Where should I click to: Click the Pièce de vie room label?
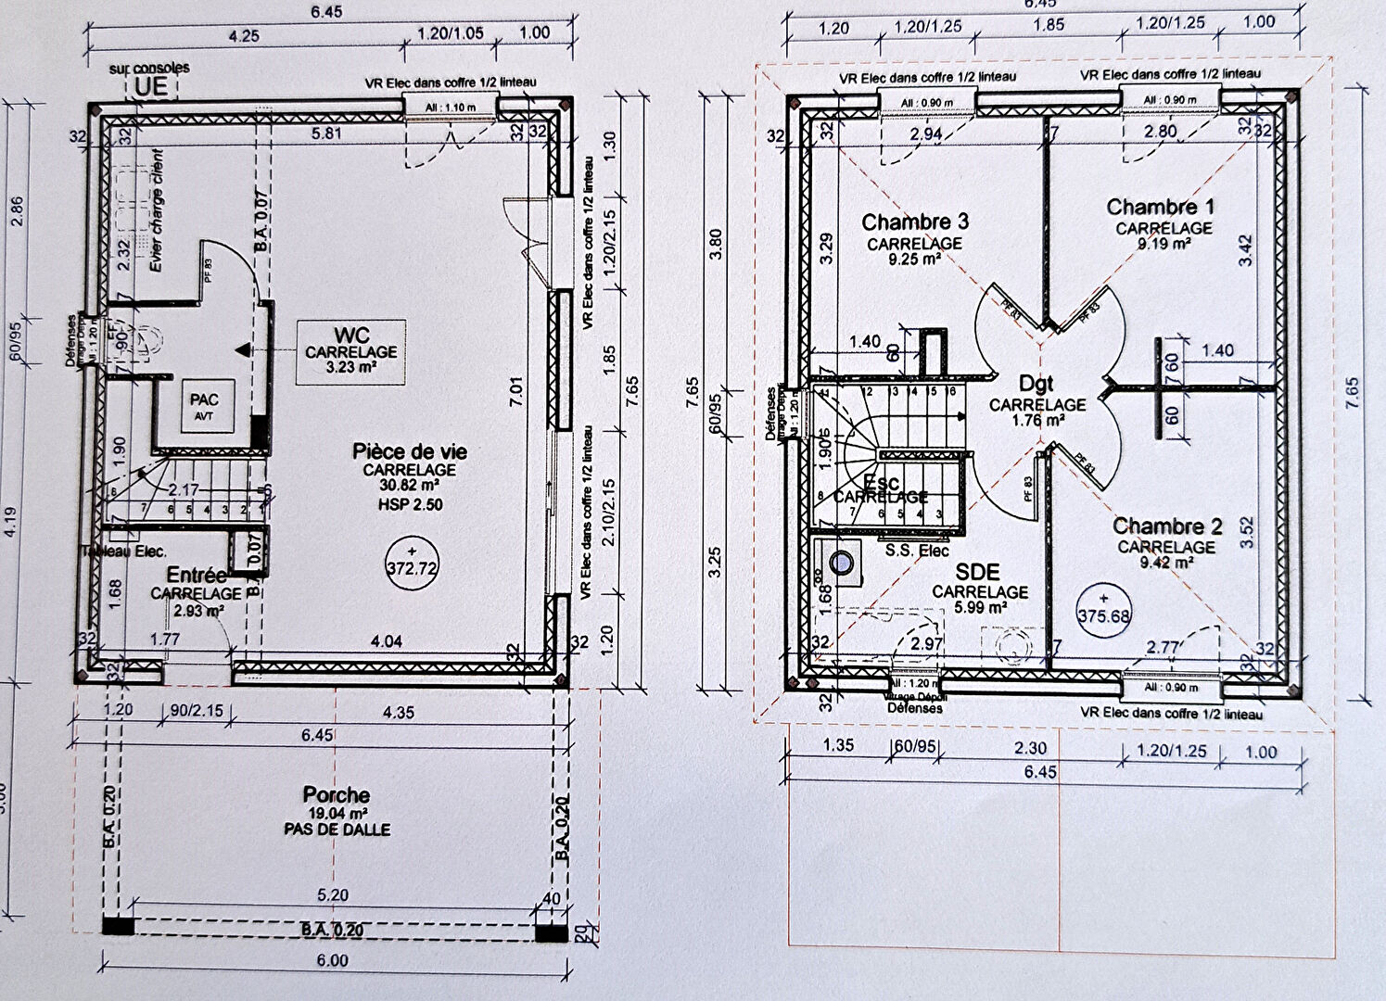click(409, 452)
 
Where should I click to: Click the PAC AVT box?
click(205, 405)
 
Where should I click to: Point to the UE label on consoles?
click(151, 86)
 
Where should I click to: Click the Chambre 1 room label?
click(1160, 207)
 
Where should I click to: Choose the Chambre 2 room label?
click(1167, 526)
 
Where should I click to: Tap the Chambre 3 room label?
click(914, 222)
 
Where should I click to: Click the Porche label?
click(336, 795)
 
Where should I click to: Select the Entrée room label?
click(197, 577)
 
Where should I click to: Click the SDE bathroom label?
click(977, 573)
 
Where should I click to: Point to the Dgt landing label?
click(1036, 384)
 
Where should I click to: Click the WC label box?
click(350, 352)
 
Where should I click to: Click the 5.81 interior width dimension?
click(325, 133)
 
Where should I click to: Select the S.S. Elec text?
click(916, 551)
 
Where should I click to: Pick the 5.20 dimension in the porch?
click(333, 895)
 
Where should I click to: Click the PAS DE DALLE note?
click(337, 830)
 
